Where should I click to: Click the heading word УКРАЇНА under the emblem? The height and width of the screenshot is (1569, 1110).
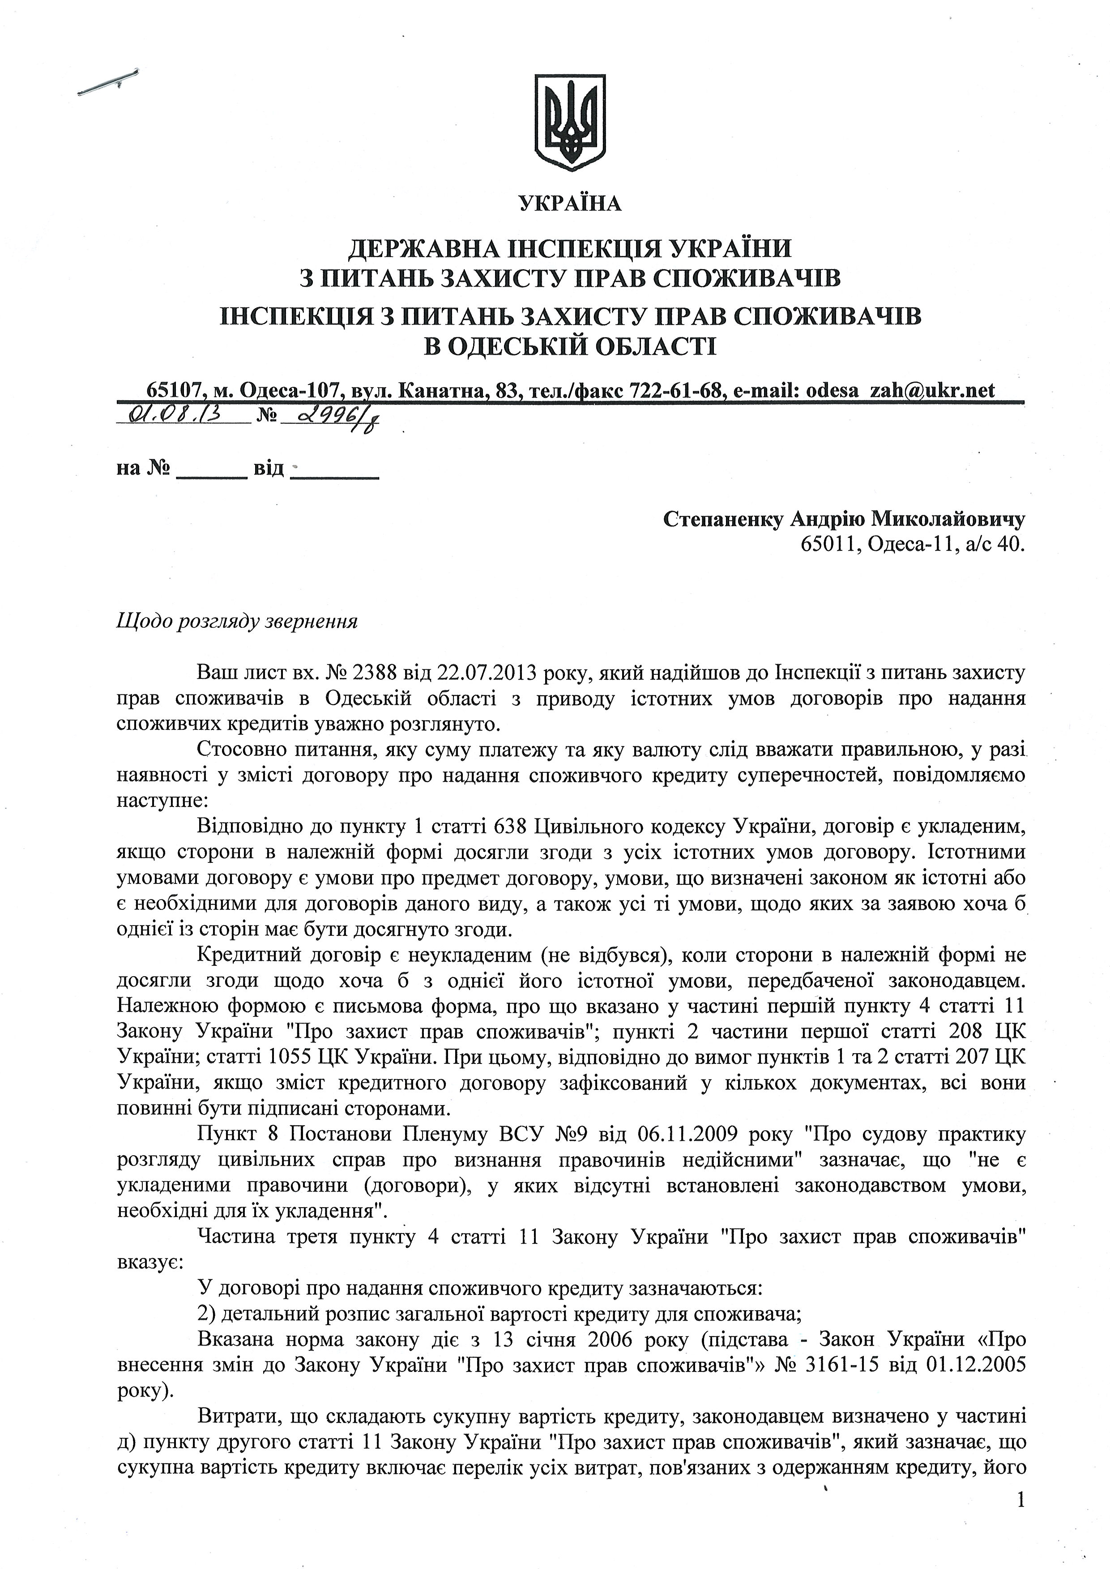570,204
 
